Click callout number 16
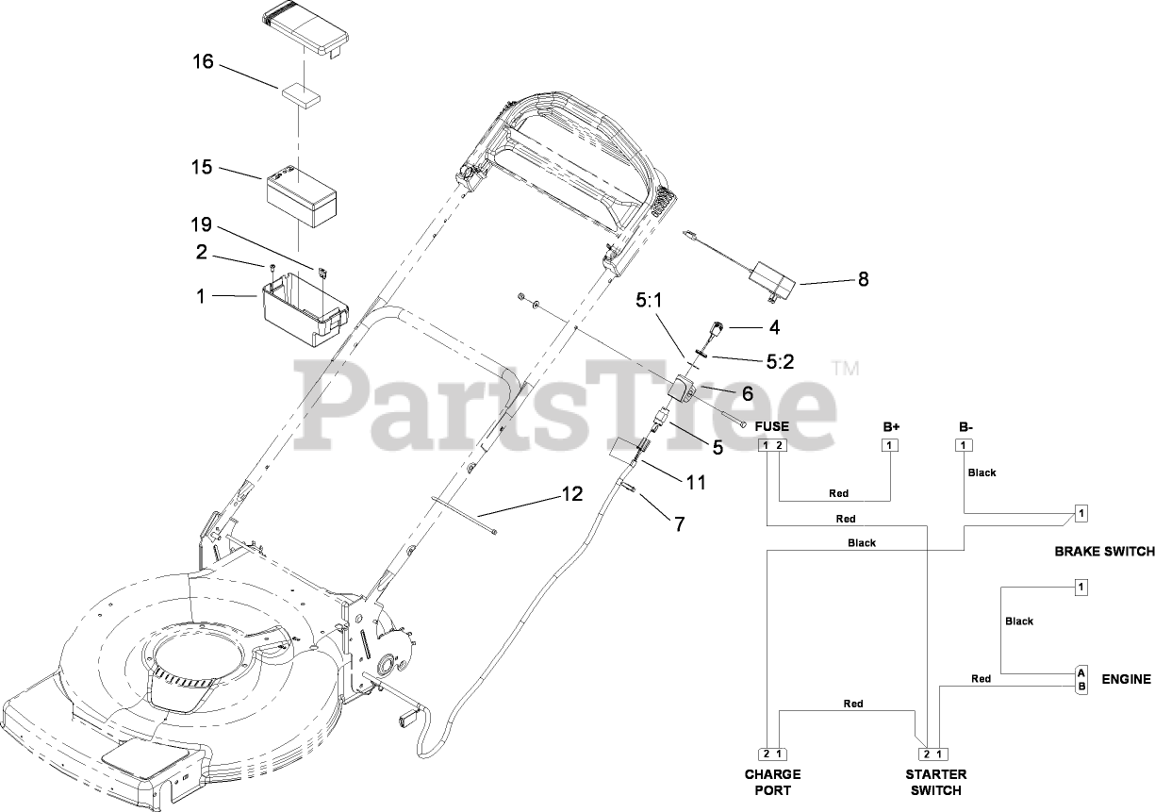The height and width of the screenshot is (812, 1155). coord(203,62)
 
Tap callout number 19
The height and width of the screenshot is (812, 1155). coord(202,226)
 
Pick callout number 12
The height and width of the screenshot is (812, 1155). coord(571,493)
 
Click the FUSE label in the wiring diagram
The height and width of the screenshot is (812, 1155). coord(771,426)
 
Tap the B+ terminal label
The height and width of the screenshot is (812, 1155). coord(891,426)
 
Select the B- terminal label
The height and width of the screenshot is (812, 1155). coord(965,426)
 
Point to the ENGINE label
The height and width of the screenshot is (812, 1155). coord(1126,678)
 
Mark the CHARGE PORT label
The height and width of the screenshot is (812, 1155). coord(774,782)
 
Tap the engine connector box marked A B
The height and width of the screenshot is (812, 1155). coord(1081,679)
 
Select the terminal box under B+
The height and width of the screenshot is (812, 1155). coord(891,445)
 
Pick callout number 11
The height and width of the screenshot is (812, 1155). coord(696,482)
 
